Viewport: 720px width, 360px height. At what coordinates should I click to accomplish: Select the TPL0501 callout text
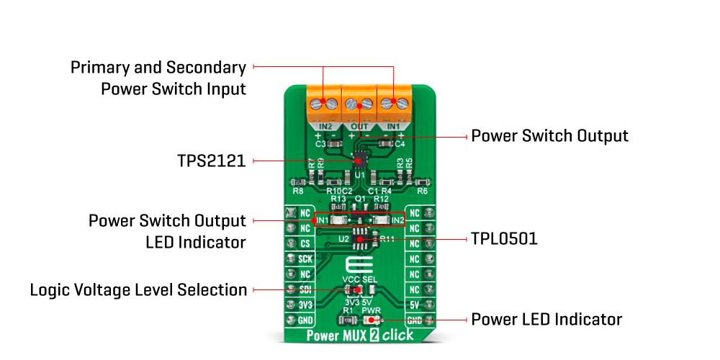coord(504,238)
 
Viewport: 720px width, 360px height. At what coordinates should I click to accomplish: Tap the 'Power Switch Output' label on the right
coord(549,135)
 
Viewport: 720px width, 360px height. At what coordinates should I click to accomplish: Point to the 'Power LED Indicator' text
coord(546,319)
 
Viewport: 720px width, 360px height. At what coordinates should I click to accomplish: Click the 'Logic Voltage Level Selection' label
coord(138,289)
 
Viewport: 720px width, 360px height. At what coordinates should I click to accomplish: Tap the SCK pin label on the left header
coord(305,258)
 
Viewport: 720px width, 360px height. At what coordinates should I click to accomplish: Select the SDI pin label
coord(305,289)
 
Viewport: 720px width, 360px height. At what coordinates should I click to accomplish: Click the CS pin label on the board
coord(305,243)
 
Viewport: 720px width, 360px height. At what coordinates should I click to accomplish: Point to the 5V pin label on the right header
coord(414,305)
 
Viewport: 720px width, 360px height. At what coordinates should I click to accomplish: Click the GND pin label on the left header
coord(305,320)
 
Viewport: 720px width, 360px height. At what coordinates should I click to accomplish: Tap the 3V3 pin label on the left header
coord(305,305)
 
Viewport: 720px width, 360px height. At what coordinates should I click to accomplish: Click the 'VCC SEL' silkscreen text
coord(359,279)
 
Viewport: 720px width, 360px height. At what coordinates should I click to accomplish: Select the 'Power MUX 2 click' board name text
coord(359,336)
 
